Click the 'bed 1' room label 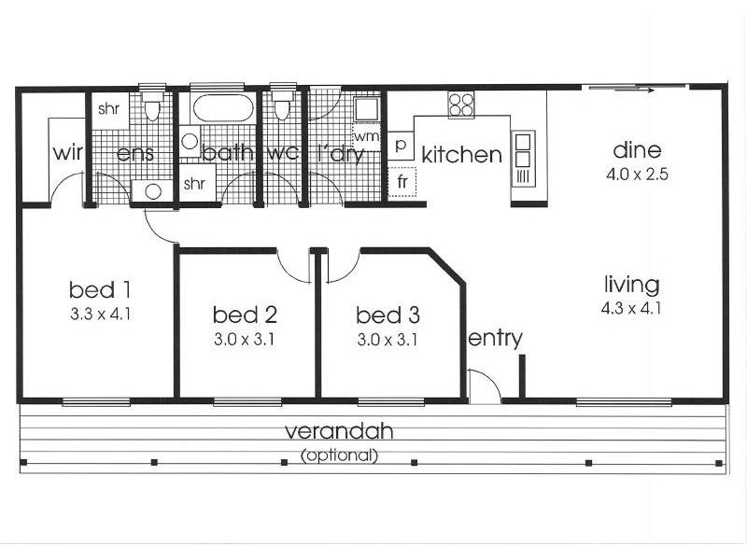(100, 289)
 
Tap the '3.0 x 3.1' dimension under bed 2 (245, 340)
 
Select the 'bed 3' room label (388, 315)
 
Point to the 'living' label (632, 285)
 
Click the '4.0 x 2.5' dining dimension (637, 175)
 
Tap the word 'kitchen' (461, 154)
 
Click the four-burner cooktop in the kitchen (461, 105)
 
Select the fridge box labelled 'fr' (402, 181)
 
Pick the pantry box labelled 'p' (401, 145)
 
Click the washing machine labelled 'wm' (366, 137)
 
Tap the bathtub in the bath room (222, 108)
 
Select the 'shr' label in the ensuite (108, 109)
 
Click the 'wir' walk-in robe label (67, 153)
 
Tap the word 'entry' (496, 339)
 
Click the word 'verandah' (339, 431)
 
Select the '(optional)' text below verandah (339, 455)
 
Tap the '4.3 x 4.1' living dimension (631, 309)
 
